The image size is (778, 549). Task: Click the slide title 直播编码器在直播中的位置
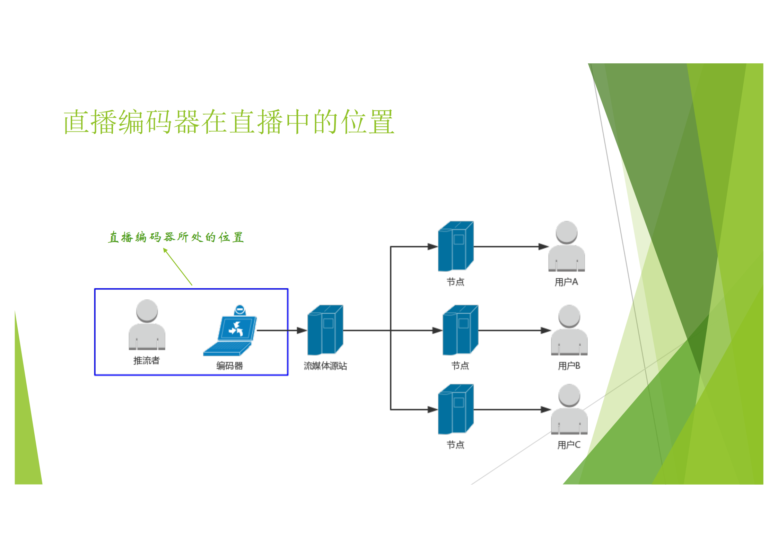pyautogui.click(x=229, y=122)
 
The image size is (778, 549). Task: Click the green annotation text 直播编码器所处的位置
pyautogui.click(x=176, y=237)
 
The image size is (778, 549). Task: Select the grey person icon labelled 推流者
pyautogui.click(x=147, y=325)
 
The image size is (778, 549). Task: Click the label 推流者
pyautogui.click(x=146, y=361)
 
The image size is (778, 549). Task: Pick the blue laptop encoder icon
pyautogui.click(x=230, y=332)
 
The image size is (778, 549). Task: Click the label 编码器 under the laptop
pyautogui.click(x=229, y=366)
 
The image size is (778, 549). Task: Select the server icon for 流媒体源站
pyautogui.click(x=325, y=330)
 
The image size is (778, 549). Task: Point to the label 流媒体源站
pyautogui.click(x=325, y=366)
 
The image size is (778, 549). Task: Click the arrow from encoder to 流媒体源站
pyautogui.click(x=281, y=330)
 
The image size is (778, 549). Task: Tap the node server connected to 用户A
pyautogui.click(x=455, y=246)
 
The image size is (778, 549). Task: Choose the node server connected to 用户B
pyautogui.click(x=460, y=330)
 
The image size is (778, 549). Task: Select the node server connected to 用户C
pyautogui.click(x=455, y=409)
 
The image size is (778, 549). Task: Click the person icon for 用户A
pyautogui.click(x=566, y=246)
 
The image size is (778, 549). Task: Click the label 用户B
pyautogui.click(x=569, y=366)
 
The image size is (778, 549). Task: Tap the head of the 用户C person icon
pyautogui.click(x=569, y=395)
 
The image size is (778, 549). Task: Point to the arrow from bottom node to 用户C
pyautogui.click(x=512, y=409)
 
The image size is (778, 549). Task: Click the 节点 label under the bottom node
pyautogui.click(x=455, y=445)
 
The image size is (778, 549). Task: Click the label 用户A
pyautogui.click(x=566, y=282)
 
